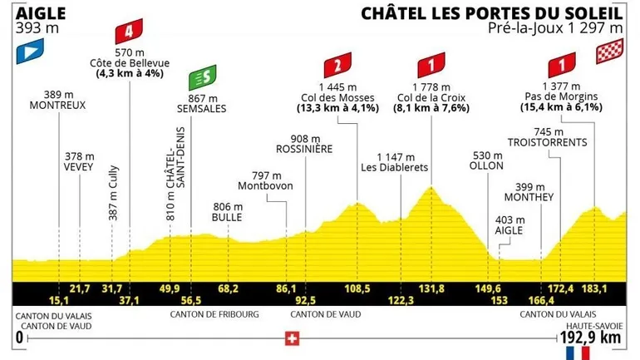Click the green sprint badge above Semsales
pyautogui.click(x=200, y=78)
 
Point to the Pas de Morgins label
pyautogui.click(x=556, y=96)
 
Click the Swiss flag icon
pyautogui.click(x=291, y=338)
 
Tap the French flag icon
pyautogui.click(x=576, y=353)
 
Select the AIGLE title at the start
pyautogui.click(x=34, y=13)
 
